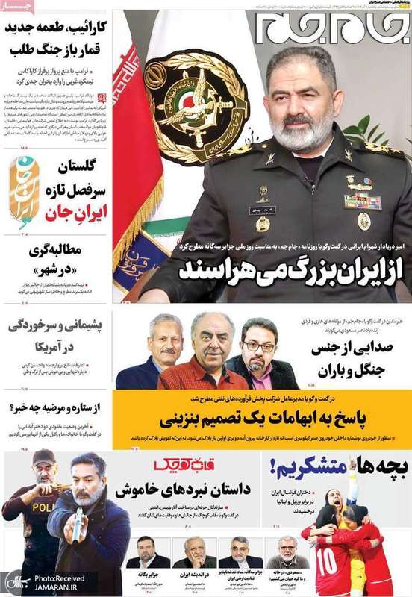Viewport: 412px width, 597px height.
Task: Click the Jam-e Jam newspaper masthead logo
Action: pos(331,27)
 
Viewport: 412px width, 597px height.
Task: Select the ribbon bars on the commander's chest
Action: pos(362,201)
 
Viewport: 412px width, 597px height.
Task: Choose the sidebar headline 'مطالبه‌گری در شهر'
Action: pos(56,258)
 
